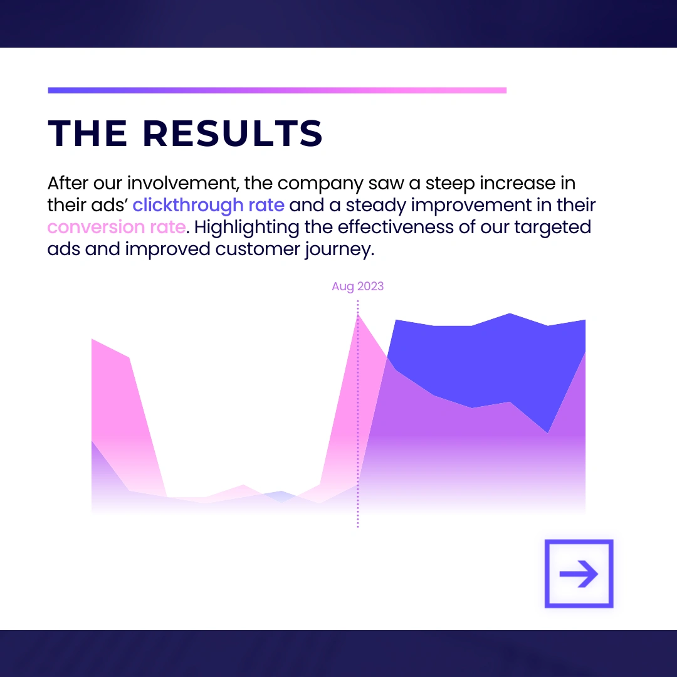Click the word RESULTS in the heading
233,133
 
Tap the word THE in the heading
87,133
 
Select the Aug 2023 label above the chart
357,286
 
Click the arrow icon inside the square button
579,574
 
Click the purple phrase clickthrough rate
209,205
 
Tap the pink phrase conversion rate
117,227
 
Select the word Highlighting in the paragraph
246,228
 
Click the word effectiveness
396,227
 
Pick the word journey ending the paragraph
339,249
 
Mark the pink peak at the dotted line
358,315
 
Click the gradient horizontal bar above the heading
277,90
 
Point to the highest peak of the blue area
510,313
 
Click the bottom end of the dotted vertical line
358,527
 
